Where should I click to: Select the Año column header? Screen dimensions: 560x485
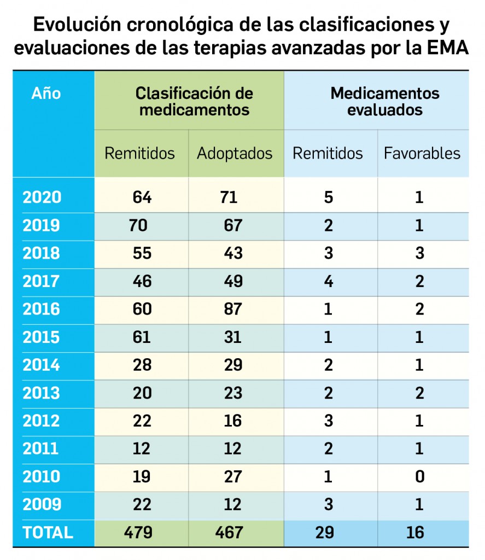pyautogui.click(x=46, y=94)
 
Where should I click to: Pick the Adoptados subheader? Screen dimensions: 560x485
pyautogui.click(x=234, y=153)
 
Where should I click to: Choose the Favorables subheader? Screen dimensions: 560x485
pyautogui.click(x=422, y=153)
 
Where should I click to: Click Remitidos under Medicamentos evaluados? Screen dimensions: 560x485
pyautogui.click(x=328, y=153)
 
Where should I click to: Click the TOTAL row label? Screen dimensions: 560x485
pyautogui.click(x=48, y=532)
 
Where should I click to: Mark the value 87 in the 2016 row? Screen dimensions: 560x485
pyautogui.click(x=233, y=309)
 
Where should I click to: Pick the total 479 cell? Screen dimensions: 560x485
pyautogui.click(x=141, y=532)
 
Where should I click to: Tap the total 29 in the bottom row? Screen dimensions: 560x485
pyautogui.click(x=325, y=532)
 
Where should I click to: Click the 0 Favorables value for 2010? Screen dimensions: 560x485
pyautogui.click(x=419, y=476)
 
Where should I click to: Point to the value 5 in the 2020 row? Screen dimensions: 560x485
pyautogui.click(x=328, y=197)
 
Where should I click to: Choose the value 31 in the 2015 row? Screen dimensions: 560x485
pyautogui.click(x=233, y=337)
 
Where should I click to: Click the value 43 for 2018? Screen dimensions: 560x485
pyautogui.click(x=233, y=253)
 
